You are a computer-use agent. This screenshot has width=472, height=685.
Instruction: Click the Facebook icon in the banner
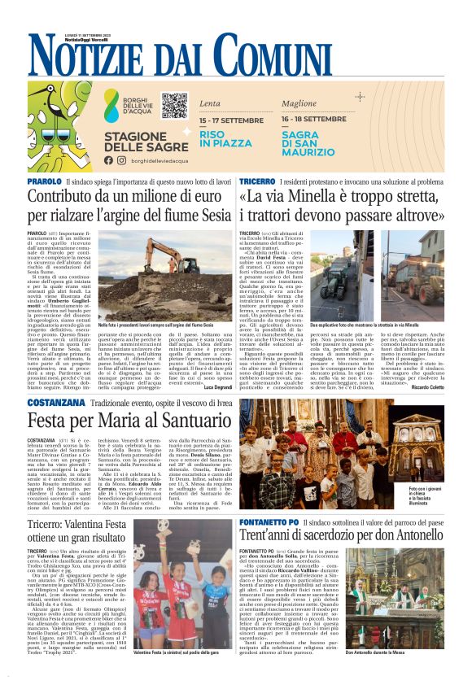109,160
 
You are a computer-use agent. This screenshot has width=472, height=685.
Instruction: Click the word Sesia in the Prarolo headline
210,217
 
